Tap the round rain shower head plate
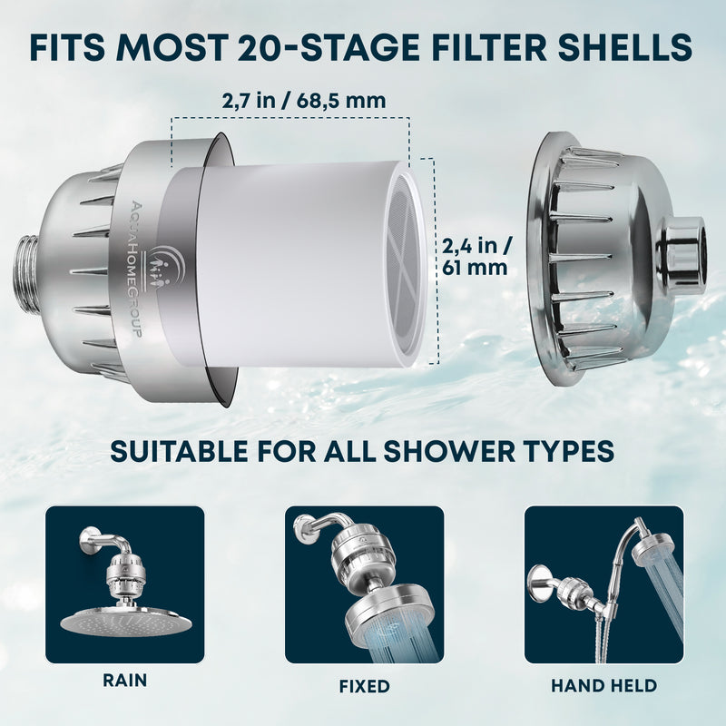click(126, 622)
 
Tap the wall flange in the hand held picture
click(543, 579)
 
